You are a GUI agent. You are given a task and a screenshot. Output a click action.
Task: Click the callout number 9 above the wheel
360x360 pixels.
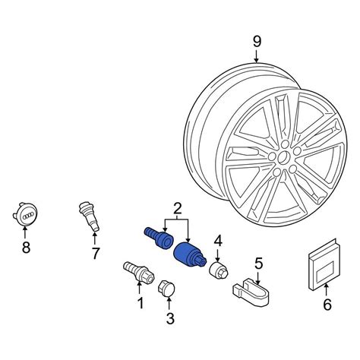(x=257, y=42)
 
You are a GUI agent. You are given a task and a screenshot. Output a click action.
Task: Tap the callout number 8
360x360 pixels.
(x=26, y=247)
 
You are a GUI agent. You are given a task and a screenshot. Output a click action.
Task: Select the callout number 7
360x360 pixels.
(x=95, y=253)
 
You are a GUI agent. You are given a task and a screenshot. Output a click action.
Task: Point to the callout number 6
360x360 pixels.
(x=327, y=304)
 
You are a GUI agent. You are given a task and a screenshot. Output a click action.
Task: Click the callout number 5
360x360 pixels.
(x=259, y=264)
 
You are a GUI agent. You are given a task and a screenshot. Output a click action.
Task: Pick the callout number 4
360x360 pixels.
(x=218, y=241)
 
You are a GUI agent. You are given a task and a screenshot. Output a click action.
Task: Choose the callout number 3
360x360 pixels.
(x=170, y=318)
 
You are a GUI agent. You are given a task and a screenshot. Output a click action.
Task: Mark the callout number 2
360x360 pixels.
(x=178, y=208)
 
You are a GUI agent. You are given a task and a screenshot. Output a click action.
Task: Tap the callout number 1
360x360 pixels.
(x=141, y=303)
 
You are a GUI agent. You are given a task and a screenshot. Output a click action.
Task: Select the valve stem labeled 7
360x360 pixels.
(x=89, y=216)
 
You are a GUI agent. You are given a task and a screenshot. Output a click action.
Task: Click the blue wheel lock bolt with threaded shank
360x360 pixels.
(x=159, y=238)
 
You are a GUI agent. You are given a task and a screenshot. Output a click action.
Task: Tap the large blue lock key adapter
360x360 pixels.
(x=189, y=255)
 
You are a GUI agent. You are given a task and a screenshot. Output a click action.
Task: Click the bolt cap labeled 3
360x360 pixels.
(x=166, y=288)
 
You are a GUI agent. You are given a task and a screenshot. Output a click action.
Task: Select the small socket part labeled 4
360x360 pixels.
(x=219, y=270)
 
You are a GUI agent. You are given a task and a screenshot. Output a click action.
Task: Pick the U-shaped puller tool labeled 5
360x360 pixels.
(x=251, y=290)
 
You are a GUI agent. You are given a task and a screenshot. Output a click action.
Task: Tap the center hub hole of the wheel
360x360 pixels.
(x=283, y=158)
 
